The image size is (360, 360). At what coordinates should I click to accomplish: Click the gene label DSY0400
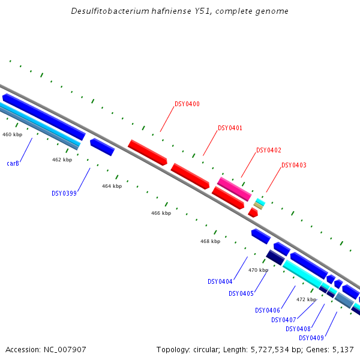[187, 104]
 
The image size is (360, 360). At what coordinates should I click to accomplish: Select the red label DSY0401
[230, 128]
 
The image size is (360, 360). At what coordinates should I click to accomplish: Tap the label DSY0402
[268, 151]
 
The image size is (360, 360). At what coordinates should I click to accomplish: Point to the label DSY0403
[293, 166]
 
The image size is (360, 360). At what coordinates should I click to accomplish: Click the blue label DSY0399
[64, 194]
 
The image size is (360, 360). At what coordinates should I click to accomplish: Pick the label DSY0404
[220, 282]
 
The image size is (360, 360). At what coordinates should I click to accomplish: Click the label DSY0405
[241, 294]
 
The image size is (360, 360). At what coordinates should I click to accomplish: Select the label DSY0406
[268, 311]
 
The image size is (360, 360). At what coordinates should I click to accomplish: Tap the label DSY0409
[311, 338]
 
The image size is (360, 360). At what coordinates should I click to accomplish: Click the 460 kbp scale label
[12, 135]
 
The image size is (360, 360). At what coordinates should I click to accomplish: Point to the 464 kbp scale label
[112, 187]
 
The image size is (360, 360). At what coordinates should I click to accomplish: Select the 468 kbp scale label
[210, 242]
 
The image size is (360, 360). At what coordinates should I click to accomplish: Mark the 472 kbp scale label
[306, 299]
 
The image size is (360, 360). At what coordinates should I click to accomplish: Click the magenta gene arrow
[234, 189]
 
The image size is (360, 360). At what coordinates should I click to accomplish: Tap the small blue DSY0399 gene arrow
[102, 147]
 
